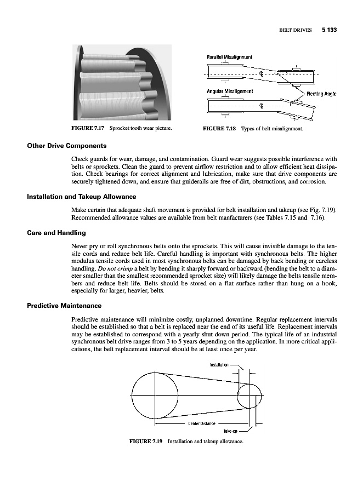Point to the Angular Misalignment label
(x=230, y=91)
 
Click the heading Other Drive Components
(x=67, y=146)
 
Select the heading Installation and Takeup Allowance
(x=82, y=196)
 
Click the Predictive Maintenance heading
(x=64, y=305)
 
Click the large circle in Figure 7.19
(x=155, y=394)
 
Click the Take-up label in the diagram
(x=231, y=431)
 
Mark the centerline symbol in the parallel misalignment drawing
(x=262, y=73)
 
